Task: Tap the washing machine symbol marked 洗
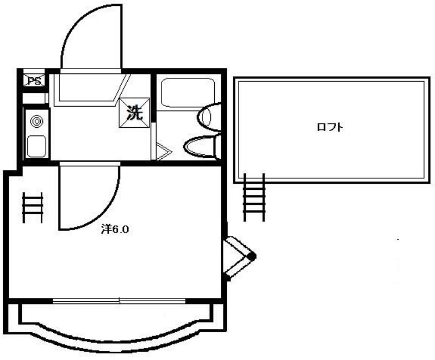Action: point(134,113)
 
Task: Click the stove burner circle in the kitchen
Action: point(36,121)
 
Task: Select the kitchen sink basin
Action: point(36,146)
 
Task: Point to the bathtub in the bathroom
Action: point(188,92)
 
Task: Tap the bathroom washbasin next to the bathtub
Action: point(209,116)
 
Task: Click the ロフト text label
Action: point(330,127)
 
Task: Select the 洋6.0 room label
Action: point(115,229)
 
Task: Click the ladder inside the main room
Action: point(33,207)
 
